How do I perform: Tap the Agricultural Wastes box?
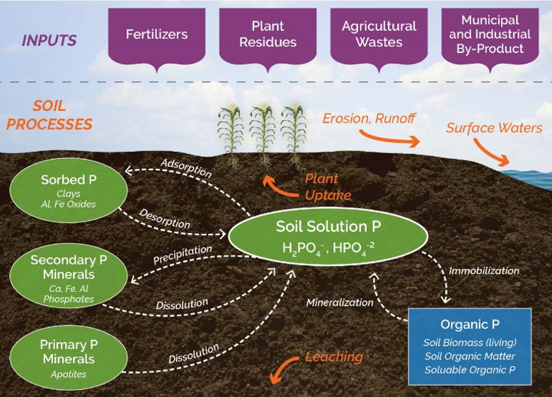tap(379, 34)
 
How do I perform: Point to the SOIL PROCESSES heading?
tap(62, 115)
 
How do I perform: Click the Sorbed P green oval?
tap(69, 190)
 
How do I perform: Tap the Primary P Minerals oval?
tap(69, 353)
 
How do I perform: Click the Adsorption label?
tap(186, 170)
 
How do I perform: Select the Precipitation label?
tap(183, 255)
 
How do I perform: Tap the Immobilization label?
tap(483, 271)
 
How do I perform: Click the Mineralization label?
tap(340, 302)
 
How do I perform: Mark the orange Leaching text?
tap(333, 357)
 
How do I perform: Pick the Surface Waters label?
tap(489, 128)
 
